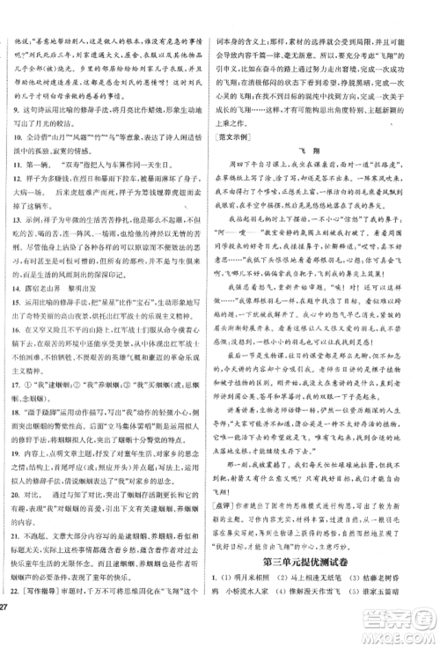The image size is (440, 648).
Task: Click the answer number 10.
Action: tap(20, 139)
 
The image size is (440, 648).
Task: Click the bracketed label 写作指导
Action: tap(51, 614)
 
